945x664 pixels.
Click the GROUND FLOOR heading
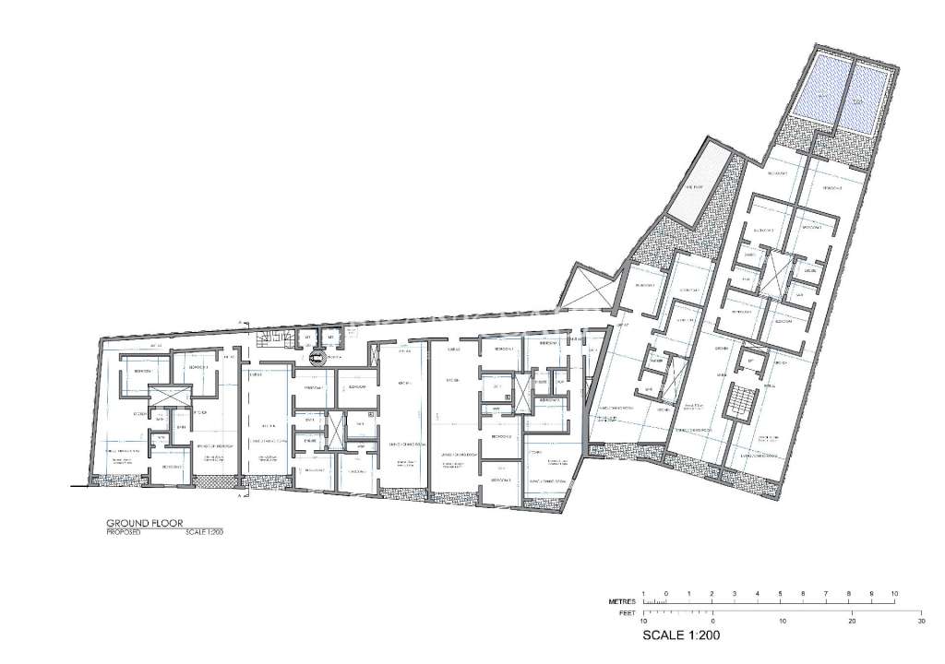click(144, 522)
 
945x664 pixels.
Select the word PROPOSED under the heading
click(123, 532)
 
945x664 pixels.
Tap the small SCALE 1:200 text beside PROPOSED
click(204, 532)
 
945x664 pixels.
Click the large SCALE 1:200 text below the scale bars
click(680, 635)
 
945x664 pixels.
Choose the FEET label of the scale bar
click(624, 611)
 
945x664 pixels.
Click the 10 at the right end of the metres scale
click(894, 593)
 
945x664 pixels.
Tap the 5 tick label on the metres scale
click(780, 593)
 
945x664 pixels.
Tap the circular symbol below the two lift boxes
click(319, 361)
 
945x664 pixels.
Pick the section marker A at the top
click(239, 322)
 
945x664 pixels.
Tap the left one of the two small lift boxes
click(308, 338)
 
